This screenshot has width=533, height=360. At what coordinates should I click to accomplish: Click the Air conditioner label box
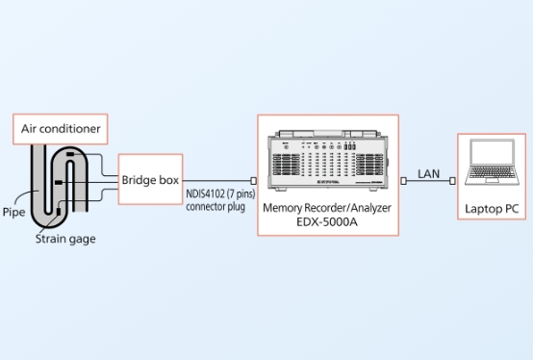(x=61, y=129)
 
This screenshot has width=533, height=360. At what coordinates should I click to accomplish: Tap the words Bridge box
(x=150, y=180)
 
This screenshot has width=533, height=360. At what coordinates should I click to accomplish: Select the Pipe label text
(x=13, y=212)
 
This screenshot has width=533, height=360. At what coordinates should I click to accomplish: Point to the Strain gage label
(x=65, y=239)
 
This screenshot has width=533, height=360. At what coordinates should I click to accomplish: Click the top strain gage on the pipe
(x=70, y=154)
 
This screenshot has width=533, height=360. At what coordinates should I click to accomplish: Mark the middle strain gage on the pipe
(x=59, y=183)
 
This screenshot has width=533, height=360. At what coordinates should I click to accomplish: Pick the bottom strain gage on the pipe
(x=59, y=212)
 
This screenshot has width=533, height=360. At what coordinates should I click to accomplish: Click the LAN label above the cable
(x=428, y=174)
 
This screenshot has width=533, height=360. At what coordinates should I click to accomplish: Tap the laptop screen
(x=492, y=152)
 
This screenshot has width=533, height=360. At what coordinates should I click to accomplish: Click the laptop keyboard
(x=492, y=171)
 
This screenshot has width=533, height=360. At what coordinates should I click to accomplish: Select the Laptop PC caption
(x=492, y=209)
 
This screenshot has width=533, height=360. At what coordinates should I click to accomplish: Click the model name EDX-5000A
(x=327, y=222)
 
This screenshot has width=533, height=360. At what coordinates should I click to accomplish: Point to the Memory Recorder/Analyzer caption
(x=327, y=207)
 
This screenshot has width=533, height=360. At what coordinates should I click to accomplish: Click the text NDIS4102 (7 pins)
(x=220, y=194)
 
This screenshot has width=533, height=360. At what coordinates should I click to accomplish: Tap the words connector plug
(x=216, y=207)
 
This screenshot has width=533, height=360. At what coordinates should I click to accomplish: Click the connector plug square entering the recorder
(x=253, y=181)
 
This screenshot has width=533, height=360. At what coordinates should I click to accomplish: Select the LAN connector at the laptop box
(x=452, y=181)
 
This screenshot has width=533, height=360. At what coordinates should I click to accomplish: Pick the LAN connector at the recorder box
(x=403, y=181)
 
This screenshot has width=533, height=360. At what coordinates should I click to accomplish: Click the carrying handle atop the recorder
(x=328, y=133)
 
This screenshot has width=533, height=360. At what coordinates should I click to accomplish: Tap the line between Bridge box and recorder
(x=216, y=181)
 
